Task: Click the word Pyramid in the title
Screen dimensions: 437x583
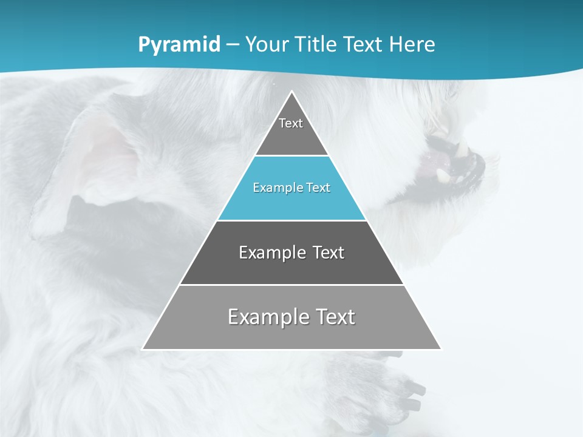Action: [x=179, y=45]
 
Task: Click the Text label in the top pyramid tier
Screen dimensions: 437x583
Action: [x=291, y=123]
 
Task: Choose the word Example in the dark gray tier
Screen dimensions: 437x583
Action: [x=265, y=252]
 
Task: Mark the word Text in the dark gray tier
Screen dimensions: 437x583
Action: [x=329, y=252]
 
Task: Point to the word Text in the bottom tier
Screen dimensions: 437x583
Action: [x=335, y=317]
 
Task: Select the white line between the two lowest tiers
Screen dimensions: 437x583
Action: [x=291, y=285]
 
